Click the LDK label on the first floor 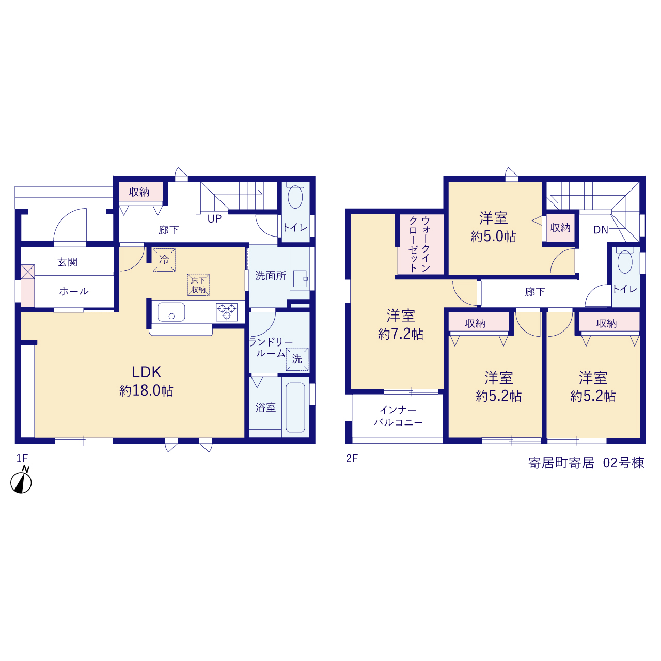point(146,372)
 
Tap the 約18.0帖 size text point(146,391)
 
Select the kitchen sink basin point(171,312)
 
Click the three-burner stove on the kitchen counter point(227,312)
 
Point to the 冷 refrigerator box point(164,260)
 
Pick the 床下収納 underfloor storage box point(198,285)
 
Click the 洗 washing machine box point(297,359)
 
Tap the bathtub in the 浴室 point(295,407)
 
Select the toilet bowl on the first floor point(295,197)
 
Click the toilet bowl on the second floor point(625,262)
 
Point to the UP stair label point(214,219)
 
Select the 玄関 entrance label point(67,262)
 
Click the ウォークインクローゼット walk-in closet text point(420,244)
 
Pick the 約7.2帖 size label point(401,334)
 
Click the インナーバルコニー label point(398,416)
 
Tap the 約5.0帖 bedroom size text point(493,237)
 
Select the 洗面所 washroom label point(270,276)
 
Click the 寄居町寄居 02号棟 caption point(586,463)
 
